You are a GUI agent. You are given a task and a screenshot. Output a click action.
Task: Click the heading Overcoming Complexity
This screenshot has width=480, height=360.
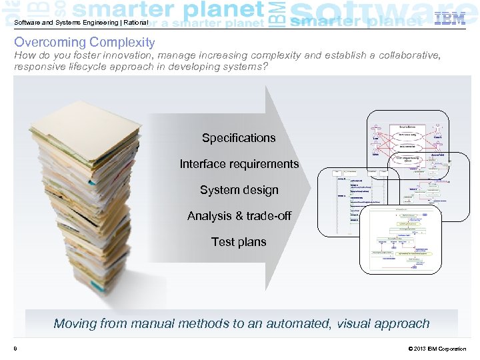point(85,42)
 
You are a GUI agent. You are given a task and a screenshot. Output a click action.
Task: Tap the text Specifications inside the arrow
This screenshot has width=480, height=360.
point(239,138)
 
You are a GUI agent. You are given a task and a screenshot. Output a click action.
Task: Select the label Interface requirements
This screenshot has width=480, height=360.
point(239,164)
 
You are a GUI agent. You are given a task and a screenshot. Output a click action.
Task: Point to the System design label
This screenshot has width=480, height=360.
point(239,190)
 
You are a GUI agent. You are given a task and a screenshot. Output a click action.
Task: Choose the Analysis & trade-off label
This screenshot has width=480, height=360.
point(239,216)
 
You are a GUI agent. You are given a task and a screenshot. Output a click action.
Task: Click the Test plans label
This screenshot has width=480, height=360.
point(239,242)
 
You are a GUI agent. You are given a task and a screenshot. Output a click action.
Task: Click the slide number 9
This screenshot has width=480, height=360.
point(15,349)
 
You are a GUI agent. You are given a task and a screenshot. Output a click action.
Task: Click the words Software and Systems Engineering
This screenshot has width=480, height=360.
point(57,23)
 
